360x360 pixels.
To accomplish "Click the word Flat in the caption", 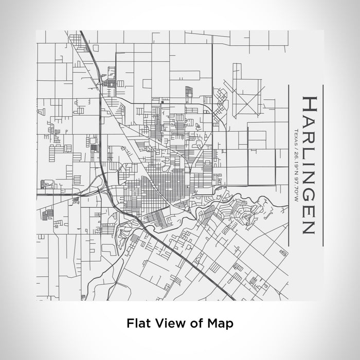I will click(137, 323).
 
